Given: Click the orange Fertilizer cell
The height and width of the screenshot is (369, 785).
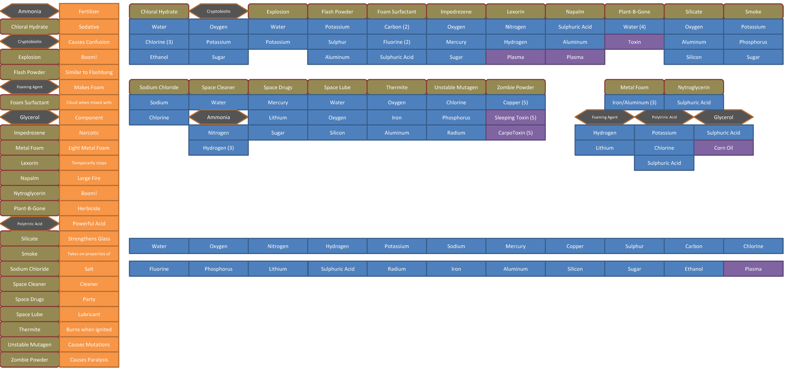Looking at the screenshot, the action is (89, 11).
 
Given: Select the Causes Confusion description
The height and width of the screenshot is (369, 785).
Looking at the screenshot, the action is (89, 42).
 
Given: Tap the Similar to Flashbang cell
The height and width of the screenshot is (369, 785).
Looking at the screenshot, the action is (89, 72).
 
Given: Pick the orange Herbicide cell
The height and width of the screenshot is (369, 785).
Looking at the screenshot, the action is (89, 208).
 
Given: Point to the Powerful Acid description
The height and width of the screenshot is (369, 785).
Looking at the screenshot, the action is (89, 223).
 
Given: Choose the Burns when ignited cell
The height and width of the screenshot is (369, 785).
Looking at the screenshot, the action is (89, 329).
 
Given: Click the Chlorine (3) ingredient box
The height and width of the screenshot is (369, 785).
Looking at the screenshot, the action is (159, 42).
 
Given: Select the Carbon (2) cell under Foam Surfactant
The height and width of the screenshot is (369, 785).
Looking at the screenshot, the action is (397, 27).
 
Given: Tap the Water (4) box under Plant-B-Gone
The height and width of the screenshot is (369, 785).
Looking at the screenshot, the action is (635, 27).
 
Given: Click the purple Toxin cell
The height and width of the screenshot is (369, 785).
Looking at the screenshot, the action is (635, 42).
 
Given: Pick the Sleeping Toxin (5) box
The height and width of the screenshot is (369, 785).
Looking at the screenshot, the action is (516, 117).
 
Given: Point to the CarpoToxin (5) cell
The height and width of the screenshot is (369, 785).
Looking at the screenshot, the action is (516, 133).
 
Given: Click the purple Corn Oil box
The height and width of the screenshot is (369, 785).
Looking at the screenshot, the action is (724, 148).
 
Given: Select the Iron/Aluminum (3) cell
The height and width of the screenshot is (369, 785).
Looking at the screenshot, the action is (635, 102).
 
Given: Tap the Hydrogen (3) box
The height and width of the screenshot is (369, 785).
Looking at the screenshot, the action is (218, 148).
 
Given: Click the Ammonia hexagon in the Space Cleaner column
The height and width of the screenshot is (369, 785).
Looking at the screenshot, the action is (218, 117).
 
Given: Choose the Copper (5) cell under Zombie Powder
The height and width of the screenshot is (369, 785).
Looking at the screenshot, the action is (516, 102).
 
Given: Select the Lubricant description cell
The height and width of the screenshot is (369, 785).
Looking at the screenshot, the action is (89, 314).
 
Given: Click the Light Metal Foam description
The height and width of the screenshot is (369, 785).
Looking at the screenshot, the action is (89, 148).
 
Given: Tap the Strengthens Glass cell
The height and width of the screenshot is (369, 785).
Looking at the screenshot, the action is (89, 239).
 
